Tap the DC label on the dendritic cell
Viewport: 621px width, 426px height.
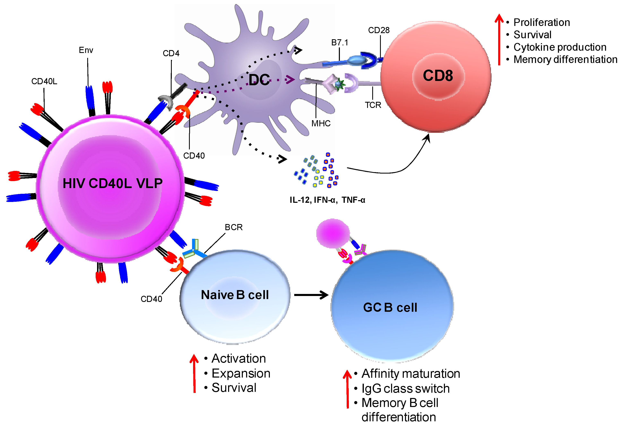[x=259, y=80]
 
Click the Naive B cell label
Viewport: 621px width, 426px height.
[x=235, y=295]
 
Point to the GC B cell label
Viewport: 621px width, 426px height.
[x=390, y=307]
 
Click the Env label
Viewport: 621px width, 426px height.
[x=86, y=50]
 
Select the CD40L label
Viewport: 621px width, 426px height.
[x=44, y=81]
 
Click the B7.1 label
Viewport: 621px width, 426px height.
[x=339, y=43]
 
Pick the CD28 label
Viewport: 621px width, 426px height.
[x=379, y=30]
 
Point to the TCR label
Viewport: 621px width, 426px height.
[x=373, y=105]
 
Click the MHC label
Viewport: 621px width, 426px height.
[x=321, y=124]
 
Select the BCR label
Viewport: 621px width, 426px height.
[x=233, y=228]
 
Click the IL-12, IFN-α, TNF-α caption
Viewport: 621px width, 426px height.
[x=327, y=200]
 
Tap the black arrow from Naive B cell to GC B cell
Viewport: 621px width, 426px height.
[x=311, y=295]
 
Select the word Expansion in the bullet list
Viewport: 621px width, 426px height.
[x=241, y=373]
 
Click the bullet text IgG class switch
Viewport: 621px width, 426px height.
[x=405, y=389]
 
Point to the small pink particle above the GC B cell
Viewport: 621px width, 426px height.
[x=333, y=233]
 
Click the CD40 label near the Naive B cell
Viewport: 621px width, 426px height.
[x=151, y=299]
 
